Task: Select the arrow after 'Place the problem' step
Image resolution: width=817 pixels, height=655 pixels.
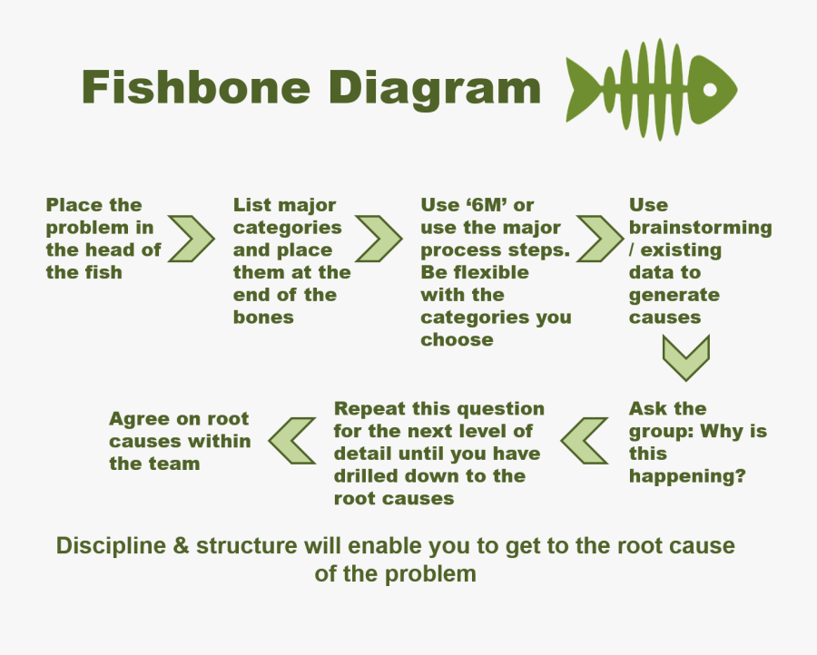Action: (x=192, y=239)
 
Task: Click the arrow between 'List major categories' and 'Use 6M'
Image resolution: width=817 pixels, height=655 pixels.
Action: (x=379, y=239)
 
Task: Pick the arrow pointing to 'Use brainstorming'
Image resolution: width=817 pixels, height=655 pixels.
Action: (x=600, y=239)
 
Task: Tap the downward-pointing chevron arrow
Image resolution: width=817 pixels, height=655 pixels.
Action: (x=685, y=357)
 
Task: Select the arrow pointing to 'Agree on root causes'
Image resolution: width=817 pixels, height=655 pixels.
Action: (x=292, y=442)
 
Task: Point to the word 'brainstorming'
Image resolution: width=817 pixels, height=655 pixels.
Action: (x=700, y=228)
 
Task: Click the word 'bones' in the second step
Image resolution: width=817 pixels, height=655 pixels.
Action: (x=263, y=318)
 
